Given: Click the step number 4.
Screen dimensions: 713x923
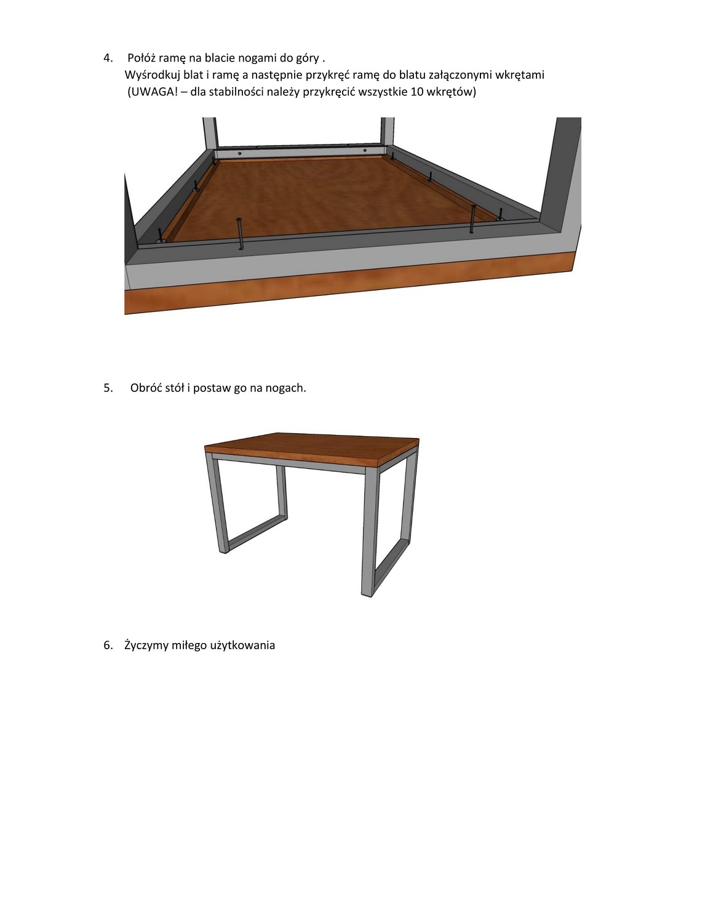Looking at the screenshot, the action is click(x=108, y=57).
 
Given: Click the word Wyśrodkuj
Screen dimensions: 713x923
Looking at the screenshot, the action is click(x=152, y=75).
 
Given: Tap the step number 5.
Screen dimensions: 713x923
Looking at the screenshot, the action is click(x=108, y=388).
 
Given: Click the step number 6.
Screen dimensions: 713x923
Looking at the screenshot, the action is click(x=108, y=645).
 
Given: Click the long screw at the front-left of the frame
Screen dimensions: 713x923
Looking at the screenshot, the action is click(x=240, y=233).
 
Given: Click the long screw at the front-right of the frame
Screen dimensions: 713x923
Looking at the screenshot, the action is click(x=472, y=219).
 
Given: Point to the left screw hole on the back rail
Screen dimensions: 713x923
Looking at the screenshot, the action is click(x=240, y=153).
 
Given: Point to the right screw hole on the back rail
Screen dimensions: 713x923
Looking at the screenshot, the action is click(x=364, y=150).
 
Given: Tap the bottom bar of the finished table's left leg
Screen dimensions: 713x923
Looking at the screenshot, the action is click(x=256, y=534).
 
